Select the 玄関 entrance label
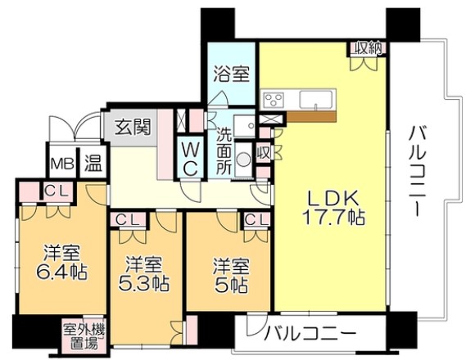pyautogui.click(x=131, y=127)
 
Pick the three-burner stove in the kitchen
pyautogui.click(x=273, y=101)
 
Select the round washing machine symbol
pyautogui.click(x=242, y=160)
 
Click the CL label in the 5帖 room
pyautogui.click(x=254, y=219)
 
